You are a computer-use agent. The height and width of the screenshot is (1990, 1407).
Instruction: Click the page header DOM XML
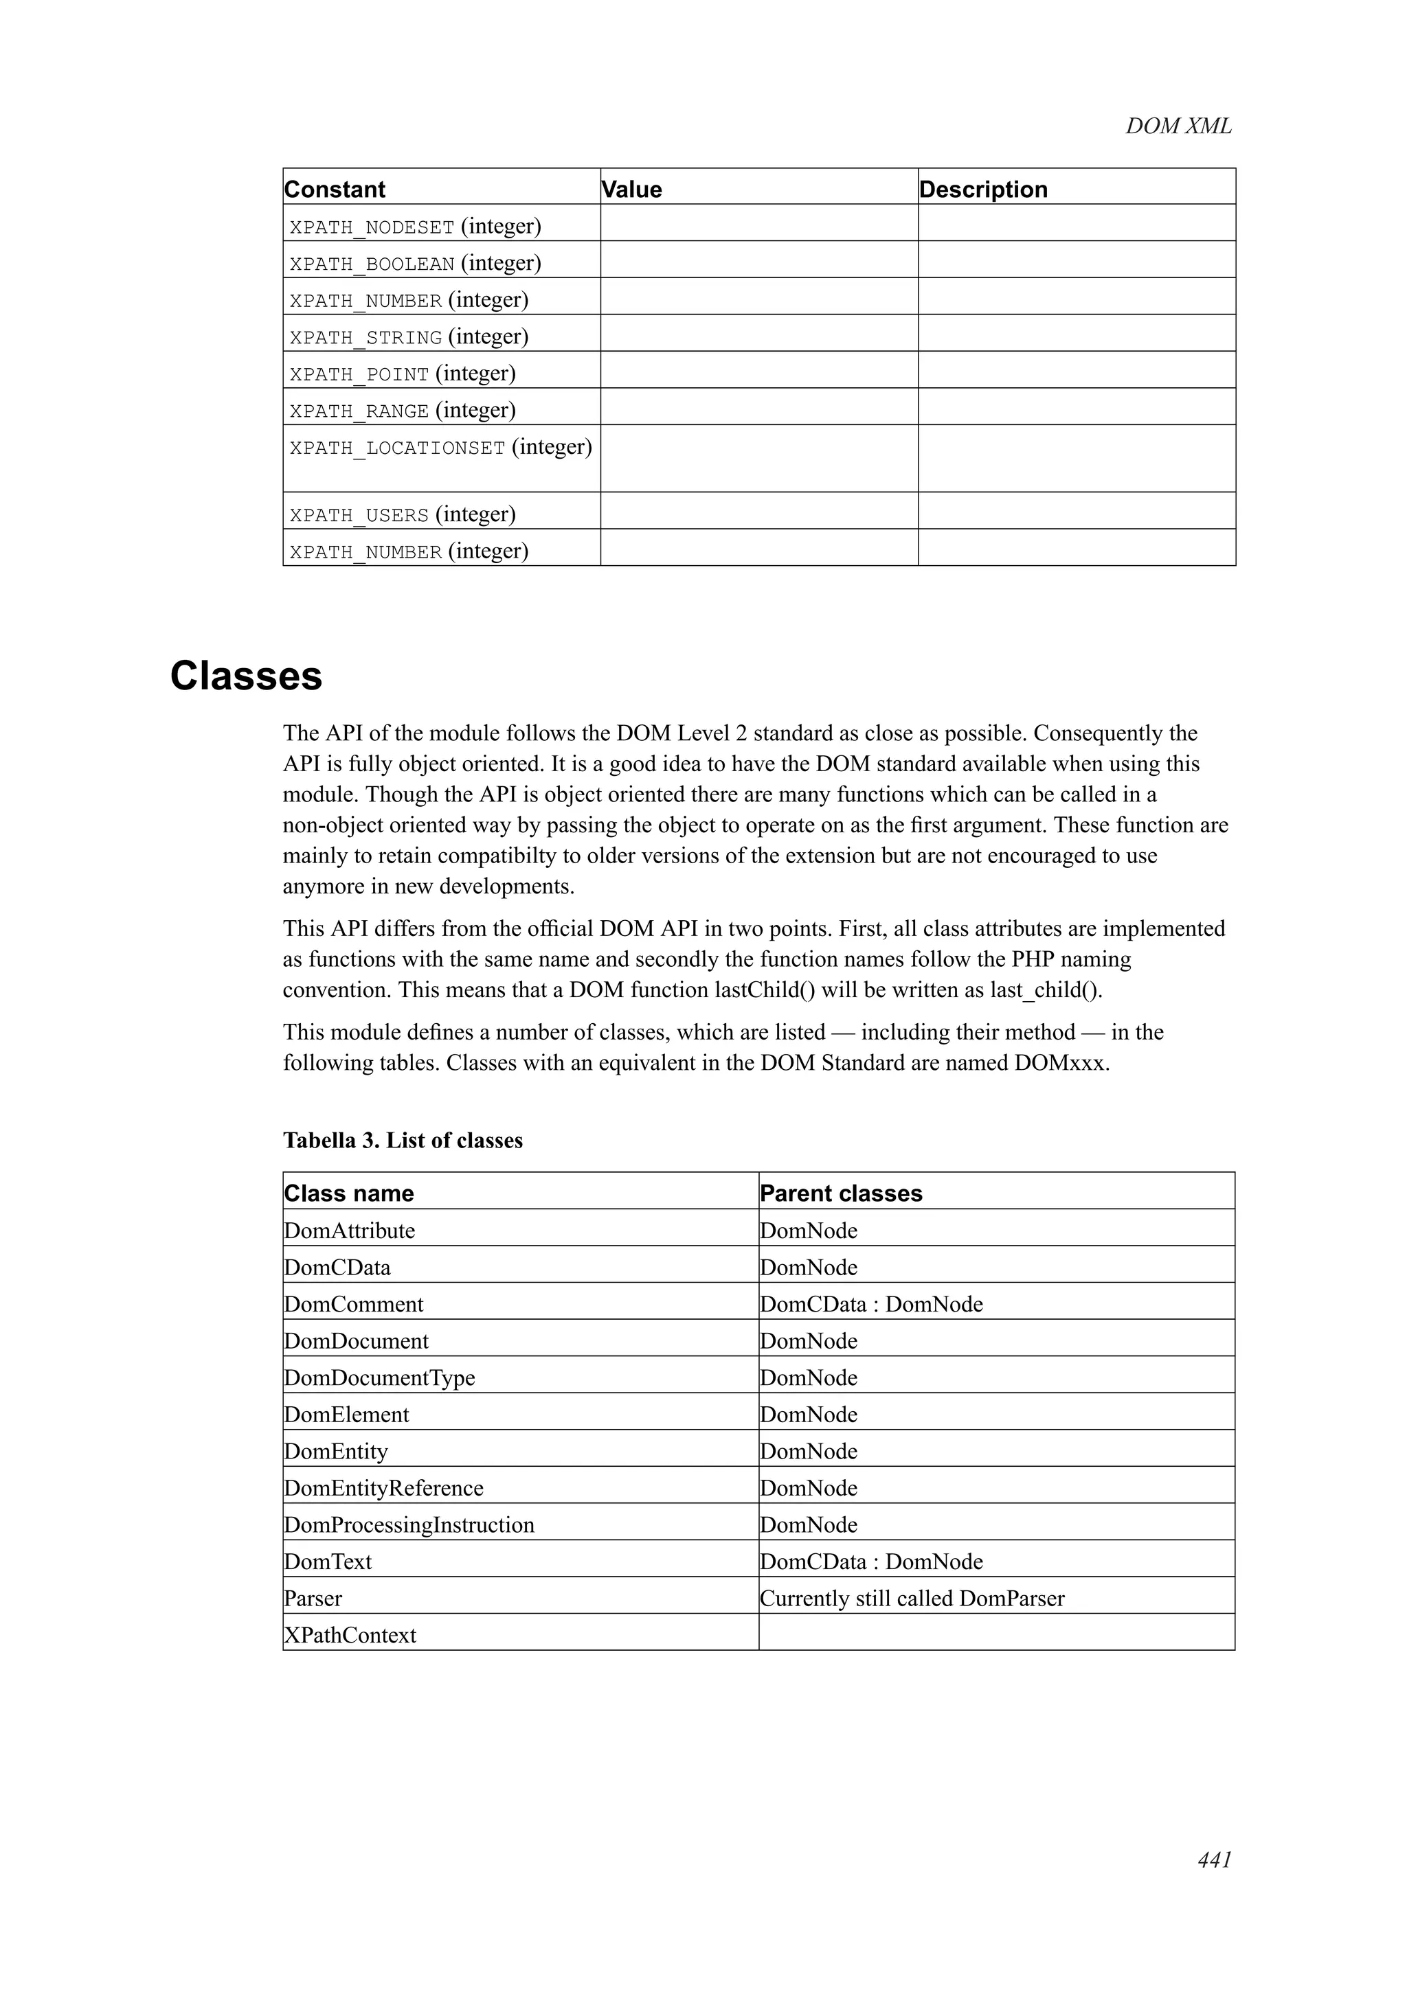point(1178,126)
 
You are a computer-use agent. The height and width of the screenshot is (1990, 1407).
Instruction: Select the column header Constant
point(335,189)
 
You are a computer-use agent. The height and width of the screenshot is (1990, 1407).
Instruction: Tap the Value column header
point(632,189)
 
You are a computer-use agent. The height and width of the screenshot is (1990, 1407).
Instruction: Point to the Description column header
point(983,189)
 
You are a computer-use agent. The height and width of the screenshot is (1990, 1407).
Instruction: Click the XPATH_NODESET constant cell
point(415,227)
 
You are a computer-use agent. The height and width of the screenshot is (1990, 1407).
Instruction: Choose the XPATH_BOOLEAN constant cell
point(415,264)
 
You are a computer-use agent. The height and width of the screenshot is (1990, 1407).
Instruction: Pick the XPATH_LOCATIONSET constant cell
point(440,448)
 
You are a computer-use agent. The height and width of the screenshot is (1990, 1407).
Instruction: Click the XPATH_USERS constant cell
point(403,515)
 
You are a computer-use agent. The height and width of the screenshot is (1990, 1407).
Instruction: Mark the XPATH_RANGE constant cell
point(403,411)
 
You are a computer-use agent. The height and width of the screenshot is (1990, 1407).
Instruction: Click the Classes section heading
point(246,676)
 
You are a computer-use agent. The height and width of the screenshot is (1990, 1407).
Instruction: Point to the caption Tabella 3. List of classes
point(403,1141)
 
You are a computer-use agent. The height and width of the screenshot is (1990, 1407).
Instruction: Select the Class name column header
point(350,1193)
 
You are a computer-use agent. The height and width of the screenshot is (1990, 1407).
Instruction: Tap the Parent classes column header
point(841,1193)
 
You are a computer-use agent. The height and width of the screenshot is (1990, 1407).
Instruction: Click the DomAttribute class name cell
point(350,1231)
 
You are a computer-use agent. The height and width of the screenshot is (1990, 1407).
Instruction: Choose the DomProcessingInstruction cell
point(409,1524)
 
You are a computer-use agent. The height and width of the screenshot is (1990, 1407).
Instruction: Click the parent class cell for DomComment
point(871,1305)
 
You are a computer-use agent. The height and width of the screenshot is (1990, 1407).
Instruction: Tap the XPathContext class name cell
point(350,1636)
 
